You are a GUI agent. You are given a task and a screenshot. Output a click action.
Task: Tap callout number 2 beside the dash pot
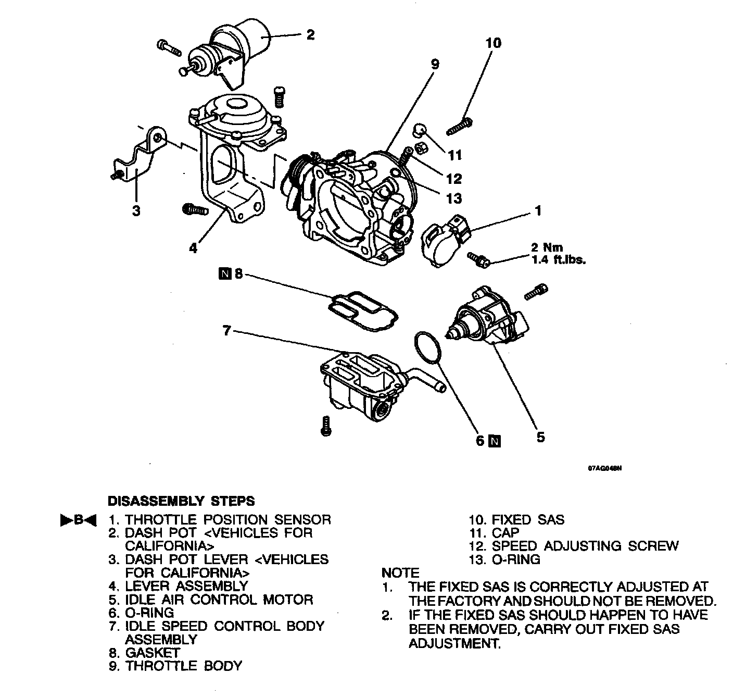pos(310,35)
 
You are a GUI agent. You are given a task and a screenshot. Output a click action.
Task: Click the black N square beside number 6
pos(495,441)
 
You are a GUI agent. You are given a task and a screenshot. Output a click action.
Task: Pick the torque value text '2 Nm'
pos(547,248)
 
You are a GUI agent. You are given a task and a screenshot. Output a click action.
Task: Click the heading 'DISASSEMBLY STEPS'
pos(181,501)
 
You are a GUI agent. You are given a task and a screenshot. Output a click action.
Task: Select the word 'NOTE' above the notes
pos(400,573)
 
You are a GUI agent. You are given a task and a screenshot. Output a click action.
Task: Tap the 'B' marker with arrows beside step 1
pos(79,520)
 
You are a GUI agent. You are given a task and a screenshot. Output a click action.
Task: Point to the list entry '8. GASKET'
pos(144,653)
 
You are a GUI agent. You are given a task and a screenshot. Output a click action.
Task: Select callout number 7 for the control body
pos(226,330)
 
